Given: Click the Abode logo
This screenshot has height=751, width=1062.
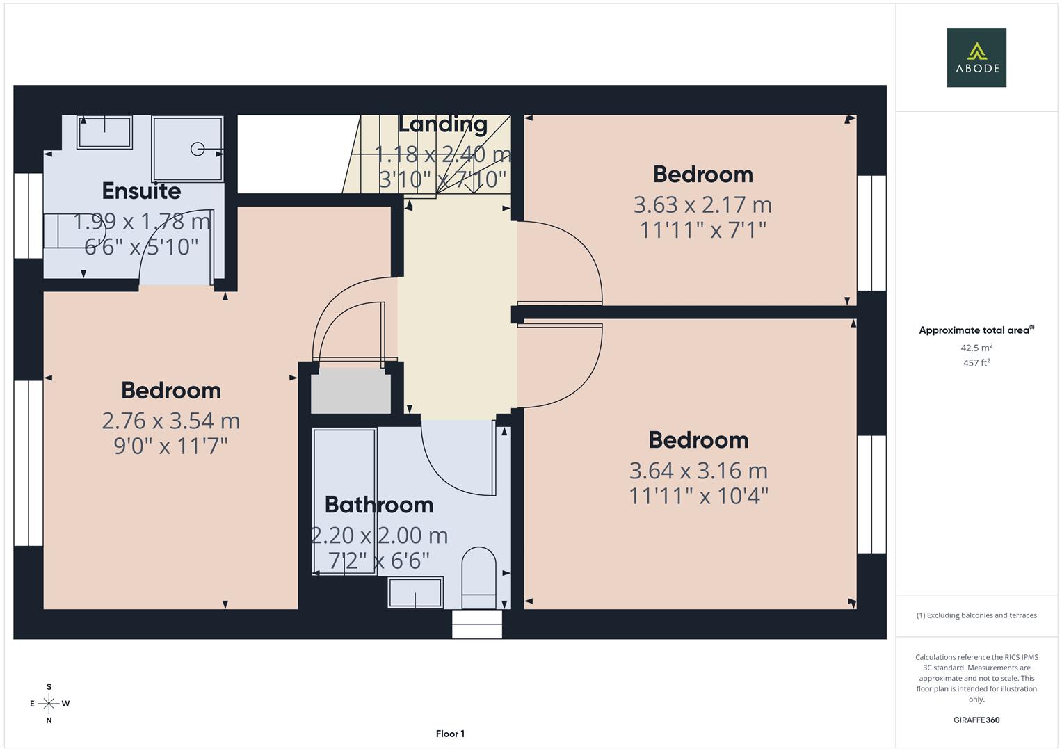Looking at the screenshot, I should click(976, 57).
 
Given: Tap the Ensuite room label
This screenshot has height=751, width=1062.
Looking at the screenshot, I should click(141, 191).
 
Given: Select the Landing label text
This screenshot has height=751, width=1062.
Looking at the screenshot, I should click(442, 124).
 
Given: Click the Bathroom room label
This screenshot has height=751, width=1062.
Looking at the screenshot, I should click(379, 504).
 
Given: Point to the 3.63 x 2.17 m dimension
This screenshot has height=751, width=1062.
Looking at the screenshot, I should click(702, 204).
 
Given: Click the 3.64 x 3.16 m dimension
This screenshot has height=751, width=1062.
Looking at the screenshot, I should click(698, 471).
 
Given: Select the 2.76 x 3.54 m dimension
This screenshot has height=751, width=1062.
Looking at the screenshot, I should click(171, 421).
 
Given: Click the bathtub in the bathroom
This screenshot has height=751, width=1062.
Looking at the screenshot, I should click(344, 501).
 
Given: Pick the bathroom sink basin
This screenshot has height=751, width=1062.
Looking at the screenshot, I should click(415, 593).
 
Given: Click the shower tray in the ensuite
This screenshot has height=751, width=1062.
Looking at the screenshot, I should click(188, 149).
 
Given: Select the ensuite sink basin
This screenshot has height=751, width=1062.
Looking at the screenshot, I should click(104, 132).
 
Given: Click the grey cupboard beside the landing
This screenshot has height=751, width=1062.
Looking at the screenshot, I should click(351, 393).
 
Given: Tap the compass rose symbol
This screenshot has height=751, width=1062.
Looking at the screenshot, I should click(49, 704).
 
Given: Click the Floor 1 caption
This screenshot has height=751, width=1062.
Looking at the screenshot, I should click(450, 734).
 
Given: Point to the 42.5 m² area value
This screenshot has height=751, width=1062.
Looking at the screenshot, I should click(976, 348).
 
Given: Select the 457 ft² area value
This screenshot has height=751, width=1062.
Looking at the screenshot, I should click(976, 363).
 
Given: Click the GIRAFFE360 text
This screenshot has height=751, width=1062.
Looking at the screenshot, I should click(976, 720).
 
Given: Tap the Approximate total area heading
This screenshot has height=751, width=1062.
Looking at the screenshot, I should click(976, 330).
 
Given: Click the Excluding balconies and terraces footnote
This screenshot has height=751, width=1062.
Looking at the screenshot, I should click(976, 615).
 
